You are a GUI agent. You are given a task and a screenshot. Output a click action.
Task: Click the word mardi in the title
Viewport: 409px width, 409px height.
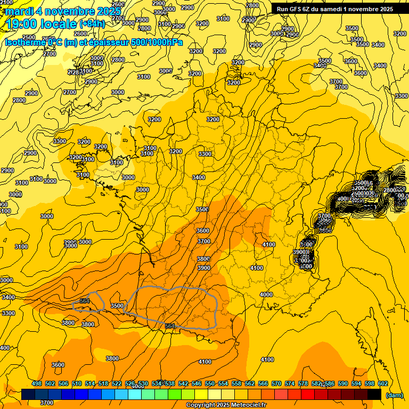coord(18,11)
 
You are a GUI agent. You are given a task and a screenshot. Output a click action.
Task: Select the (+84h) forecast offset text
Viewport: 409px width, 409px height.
coord(92,24)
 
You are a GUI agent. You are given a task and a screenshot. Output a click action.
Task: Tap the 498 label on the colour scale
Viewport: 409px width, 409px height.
coord(37,383)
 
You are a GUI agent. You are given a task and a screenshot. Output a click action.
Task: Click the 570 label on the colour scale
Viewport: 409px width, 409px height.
coord(276,383)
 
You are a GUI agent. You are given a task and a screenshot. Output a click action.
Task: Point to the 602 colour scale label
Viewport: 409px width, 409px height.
coord(383,383)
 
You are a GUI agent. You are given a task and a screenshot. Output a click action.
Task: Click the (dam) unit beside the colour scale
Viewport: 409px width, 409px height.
coord(394,395)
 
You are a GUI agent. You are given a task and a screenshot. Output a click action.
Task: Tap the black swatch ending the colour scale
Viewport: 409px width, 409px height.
coord(374,394)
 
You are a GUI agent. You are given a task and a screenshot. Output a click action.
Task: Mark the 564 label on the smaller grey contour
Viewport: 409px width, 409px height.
coord(84,301)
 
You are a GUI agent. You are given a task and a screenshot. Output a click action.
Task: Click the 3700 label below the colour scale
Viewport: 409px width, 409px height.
coord(47,403)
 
